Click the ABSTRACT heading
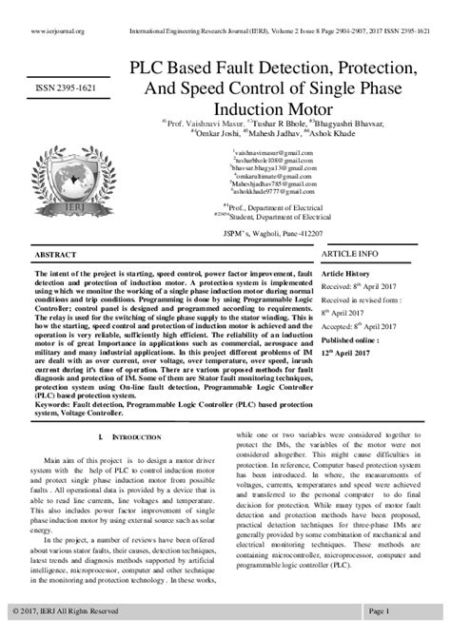[x=55, y=256]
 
